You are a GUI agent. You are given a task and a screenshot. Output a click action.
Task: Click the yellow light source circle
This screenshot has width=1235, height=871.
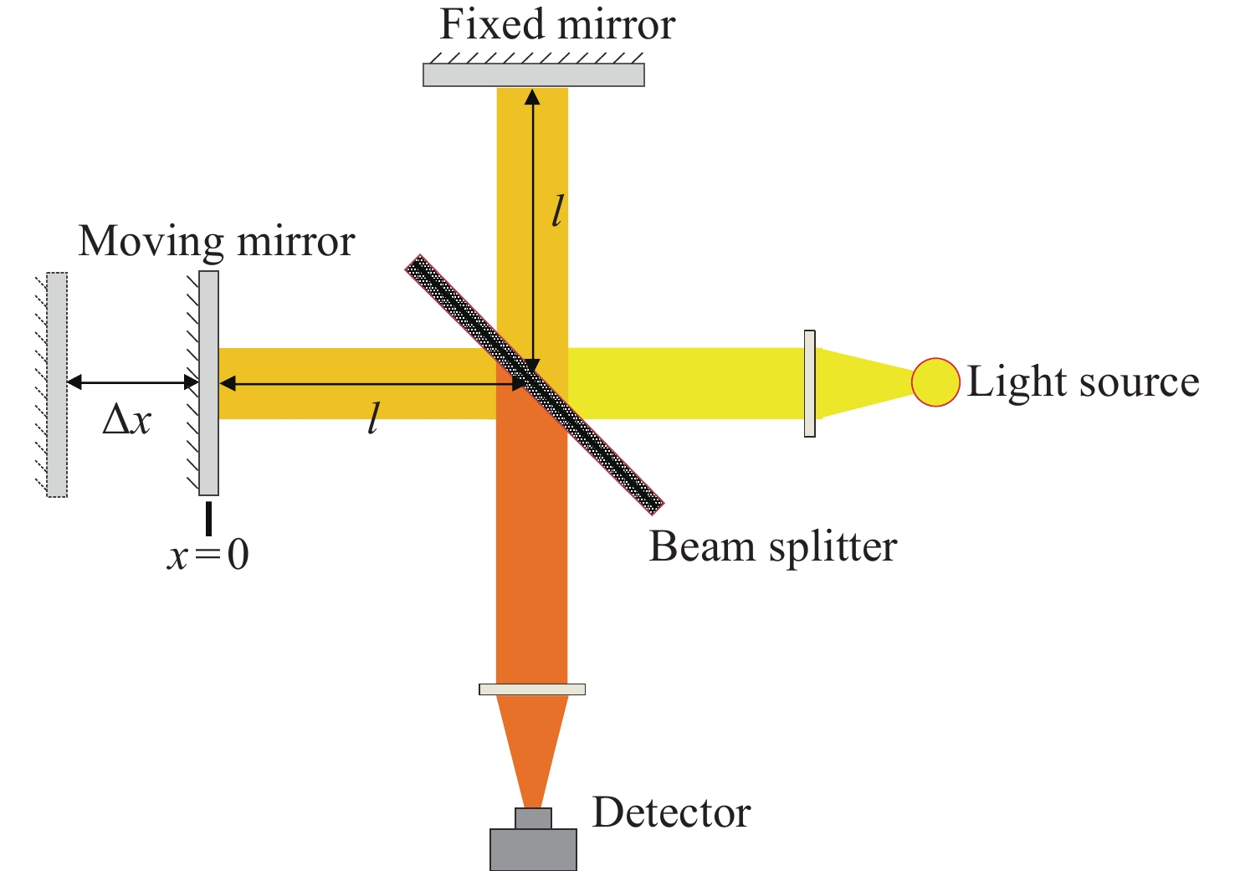click(935, 382)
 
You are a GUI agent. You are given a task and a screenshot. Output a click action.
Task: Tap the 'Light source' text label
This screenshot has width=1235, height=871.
click(1083, 382)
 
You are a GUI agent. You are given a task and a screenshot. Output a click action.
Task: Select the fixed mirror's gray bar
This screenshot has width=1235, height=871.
click(534, 75)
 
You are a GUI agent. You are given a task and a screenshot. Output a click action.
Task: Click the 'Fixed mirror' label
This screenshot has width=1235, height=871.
click(557, 25)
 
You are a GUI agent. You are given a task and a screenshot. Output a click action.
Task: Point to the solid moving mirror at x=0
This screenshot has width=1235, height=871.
click(208, 383)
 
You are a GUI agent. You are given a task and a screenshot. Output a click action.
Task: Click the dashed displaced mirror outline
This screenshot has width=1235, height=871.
click(57, 385)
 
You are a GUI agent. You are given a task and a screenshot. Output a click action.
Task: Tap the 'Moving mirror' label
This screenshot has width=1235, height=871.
click(217, 241)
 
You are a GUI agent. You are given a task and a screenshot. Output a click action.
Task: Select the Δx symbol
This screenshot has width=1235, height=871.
click(127, 422)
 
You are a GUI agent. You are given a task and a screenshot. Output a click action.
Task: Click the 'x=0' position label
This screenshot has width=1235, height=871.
click(208, 555)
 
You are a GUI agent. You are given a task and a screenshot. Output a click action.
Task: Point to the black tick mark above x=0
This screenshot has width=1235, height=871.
click(208, 518)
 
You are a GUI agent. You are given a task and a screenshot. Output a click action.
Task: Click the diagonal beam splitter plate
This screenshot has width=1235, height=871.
click(535, 385)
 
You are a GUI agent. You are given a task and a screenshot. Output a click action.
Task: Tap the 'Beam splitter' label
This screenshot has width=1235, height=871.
click(773, 547)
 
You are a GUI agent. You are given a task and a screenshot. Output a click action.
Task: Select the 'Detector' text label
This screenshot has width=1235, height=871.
click(671, 812)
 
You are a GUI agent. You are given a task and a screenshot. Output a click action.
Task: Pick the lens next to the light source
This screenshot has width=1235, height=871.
click(809, 384)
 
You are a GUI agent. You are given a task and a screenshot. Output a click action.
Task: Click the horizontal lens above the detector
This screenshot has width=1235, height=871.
click(532, 689)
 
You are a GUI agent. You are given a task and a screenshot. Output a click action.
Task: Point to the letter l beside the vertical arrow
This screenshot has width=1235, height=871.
click(558, 211)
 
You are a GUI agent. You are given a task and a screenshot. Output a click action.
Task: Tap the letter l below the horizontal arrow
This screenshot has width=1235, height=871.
click(373, 418)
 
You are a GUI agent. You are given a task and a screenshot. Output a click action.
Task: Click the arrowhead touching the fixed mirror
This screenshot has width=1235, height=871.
click(532, 97)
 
